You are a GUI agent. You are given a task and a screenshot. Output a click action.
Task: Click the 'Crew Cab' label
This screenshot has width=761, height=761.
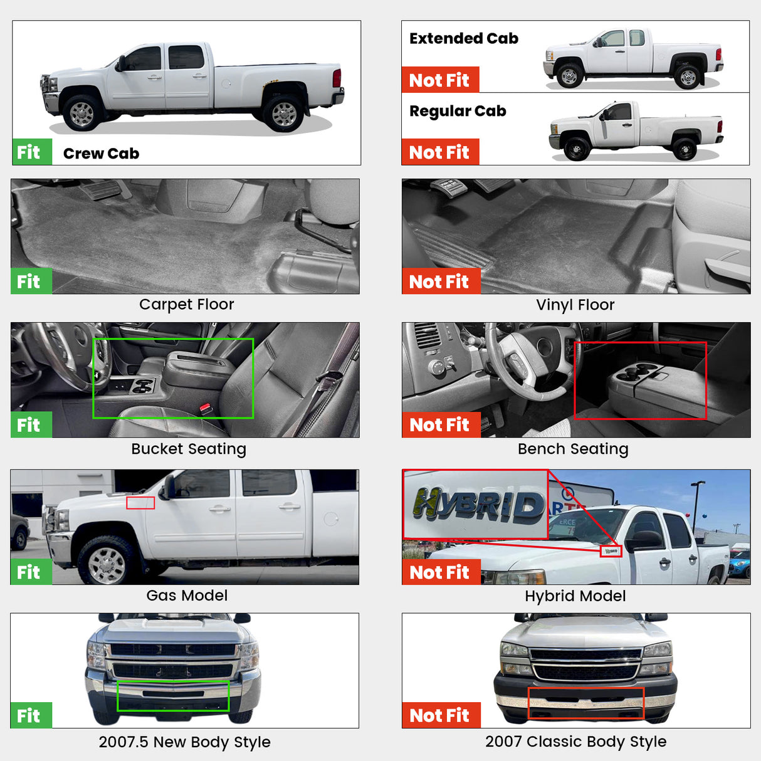(x=101, y=153)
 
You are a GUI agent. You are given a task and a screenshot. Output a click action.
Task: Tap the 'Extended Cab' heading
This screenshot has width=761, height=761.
(x=464, y=38)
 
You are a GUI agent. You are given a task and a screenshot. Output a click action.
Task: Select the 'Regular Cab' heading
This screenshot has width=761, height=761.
(x=458, y=111)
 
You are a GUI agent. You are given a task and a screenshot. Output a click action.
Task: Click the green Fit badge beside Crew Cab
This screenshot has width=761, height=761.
(x=32, y=152)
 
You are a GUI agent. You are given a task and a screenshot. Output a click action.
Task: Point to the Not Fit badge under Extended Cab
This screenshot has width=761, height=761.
(x=440, y=80)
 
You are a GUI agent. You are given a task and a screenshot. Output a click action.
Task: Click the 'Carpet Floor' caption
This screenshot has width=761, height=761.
(x=186, y=304)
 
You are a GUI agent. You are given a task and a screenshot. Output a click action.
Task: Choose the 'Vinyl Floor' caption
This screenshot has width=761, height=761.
(x=575, y=305)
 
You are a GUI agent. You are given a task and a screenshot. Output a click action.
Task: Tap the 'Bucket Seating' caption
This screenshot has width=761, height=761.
(x=189, y=449)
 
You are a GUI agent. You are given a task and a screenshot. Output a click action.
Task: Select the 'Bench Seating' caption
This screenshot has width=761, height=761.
(x=572, y=449)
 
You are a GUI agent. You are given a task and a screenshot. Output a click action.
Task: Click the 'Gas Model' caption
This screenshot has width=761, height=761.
(x=187, y=595)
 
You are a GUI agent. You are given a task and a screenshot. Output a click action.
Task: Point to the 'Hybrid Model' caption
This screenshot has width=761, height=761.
(x=575, y=596)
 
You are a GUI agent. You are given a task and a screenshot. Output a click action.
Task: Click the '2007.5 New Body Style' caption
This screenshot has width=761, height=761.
(x=184, y=742)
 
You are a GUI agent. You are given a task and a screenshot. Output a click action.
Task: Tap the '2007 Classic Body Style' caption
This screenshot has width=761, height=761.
(x=575, y=742)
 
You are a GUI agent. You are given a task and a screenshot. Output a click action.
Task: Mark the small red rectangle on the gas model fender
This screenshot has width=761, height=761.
(x=140, y=503)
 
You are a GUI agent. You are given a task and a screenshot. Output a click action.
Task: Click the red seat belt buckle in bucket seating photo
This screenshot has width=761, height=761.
(x=205, y=408)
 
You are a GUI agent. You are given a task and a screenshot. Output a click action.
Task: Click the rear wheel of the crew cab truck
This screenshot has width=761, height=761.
(x=283, y=113)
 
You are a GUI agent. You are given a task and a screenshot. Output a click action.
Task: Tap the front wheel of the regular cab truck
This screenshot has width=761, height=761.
(x=576, y=149)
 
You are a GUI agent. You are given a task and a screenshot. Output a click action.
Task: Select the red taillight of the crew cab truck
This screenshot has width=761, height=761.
(x=337, y=78)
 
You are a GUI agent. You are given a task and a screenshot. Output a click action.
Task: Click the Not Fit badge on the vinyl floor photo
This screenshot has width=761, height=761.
(x=441, y=281)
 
